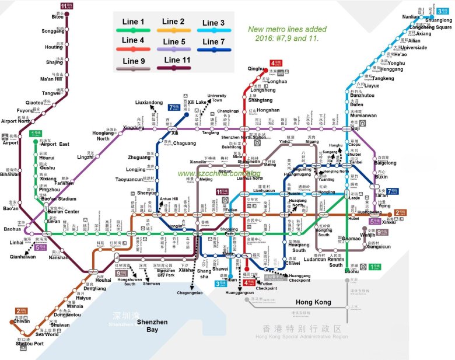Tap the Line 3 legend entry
[x=214, y=23]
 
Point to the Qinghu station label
[x=256, y=69]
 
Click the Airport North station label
[x=16, y=121]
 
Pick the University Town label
[x=216, y=98]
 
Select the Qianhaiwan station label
[x=23, y=256]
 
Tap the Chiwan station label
[x=21, y=321]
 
